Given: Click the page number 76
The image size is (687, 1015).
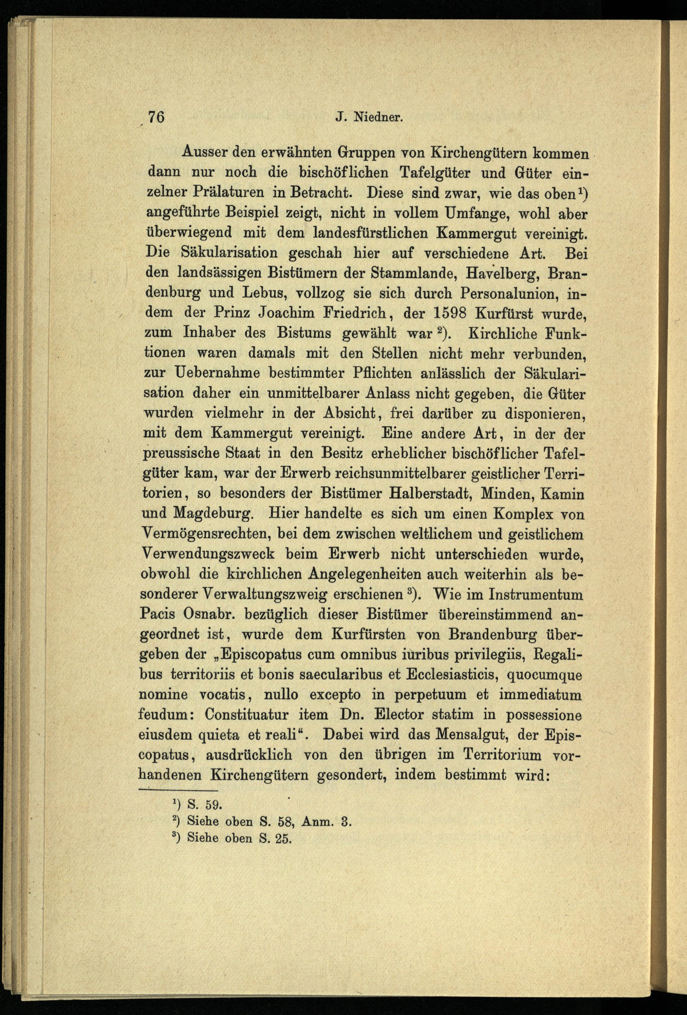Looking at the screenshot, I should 156,118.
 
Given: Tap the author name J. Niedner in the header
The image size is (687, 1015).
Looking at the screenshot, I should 369,118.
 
